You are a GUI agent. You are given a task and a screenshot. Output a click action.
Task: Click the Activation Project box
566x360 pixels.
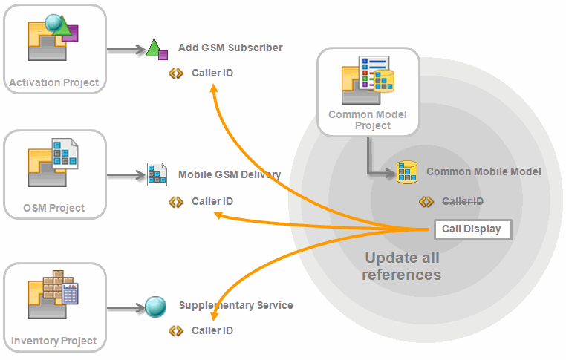[54, 48]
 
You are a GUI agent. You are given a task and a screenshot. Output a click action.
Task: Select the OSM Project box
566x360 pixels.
[54, 175]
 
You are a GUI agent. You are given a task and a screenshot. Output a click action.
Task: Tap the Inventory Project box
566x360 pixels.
[54, 307]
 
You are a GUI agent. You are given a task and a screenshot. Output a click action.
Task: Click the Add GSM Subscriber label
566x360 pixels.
[230, 48]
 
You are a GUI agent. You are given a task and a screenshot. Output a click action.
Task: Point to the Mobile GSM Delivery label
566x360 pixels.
[230, 175]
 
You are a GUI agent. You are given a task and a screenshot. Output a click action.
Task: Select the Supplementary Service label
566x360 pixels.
[235, 305]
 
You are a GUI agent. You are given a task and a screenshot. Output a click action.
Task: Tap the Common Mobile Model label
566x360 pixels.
[484, 171]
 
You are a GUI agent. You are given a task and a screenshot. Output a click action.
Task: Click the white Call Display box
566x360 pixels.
[472, 229]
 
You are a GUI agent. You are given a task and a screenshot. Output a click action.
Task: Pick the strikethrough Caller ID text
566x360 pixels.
[463, 201]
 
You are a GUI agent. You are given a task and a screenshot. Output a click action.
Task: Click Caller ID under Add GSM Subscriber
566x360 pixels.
[212, 73]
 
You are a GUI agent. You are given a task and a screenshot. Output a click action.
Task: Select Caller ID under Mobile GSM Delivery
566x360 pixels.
[212, 201]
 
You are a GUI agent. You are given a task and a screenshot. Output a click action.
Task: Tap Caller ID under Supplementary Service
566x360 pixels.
[212, 330]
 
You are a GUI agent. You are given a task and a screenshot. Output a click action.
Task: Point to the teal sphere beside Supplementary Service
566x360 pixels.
[156, 306]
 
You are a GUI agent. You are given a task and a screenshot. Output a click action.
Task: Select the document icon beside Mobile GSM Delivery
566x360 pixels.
[156, 174]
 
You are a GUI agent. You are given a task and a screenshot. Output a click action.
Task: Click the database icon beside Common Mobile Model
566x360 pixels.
[406, 172]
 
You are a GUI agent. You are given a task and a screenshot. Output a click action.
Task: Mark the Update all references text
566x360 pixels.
[402, 266]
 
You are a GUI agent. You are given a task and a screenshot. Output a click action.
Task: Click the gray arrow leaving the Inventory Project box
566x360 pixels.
[124, 307]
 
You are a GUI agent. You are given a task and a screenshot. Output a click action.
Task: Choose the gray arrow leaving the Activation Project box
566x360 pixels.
[124, 50]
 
